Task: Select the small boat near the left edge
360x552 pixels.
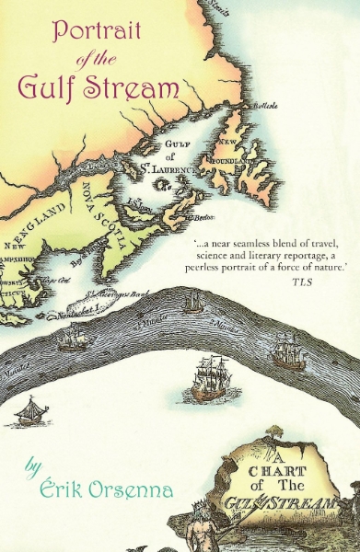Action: pos(33,410)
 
